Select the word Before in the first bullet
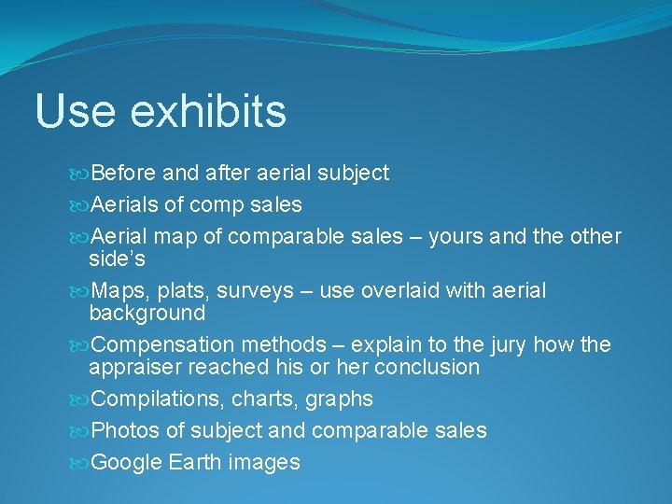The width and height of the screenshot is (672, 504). (124, 173)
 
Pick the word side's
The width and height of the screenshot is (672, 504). (117, 258)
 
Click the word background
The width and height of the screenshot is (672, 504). (147, 313)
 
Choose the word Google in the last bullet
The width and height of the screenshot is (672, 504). (130, 462)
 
